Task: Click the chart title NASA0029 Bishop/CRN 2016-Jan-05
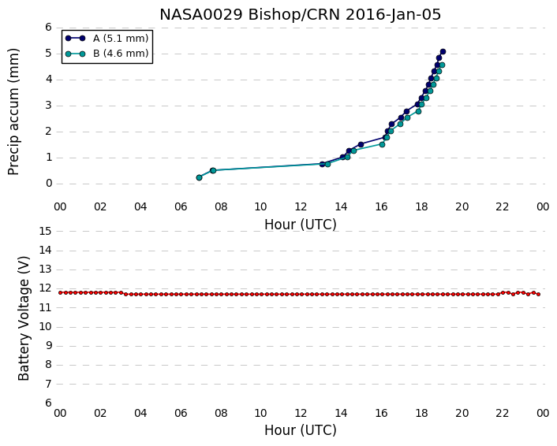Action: [x=300, y=15]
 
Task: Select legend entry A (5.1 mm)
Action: [x=107, y=39]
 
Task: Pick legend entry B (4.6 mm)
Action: [x=107, y=54]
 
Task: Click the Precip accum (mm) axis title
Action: [x=13, y=112]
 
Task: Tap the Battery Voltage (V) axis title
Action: [x=24, y=318]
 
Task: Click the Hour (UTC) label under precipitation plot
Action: [x=300, y=225]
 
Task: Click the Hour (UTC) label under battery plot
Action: [x=300, y=430]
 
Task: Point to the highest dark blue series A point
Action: [x=443, y=52]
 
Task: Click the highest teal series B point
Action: [x=442, y=65]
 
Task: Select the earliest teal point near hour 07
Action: [x=199, y=177]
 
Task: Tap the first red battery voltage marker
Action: [x=61, y=292]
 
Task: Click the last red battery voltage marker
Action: [x=539, y=294]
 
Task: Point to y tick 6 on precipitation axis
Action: [x=49, y=28]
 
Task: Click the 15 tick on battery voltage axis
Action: [x=45, y=232]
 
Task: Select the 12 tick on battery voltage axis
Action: [x=45, y=288]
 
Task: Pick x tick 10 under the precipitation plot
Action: [x=260, y=206]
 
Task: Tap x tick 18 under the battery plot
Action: [x=421, y=413]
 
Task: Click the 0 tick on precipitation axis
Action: [x=49, y=184]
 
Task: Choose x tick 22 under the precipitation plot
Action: [x=503, y=206]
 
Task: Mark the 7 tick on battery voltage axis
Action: [x=49, y=384]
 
